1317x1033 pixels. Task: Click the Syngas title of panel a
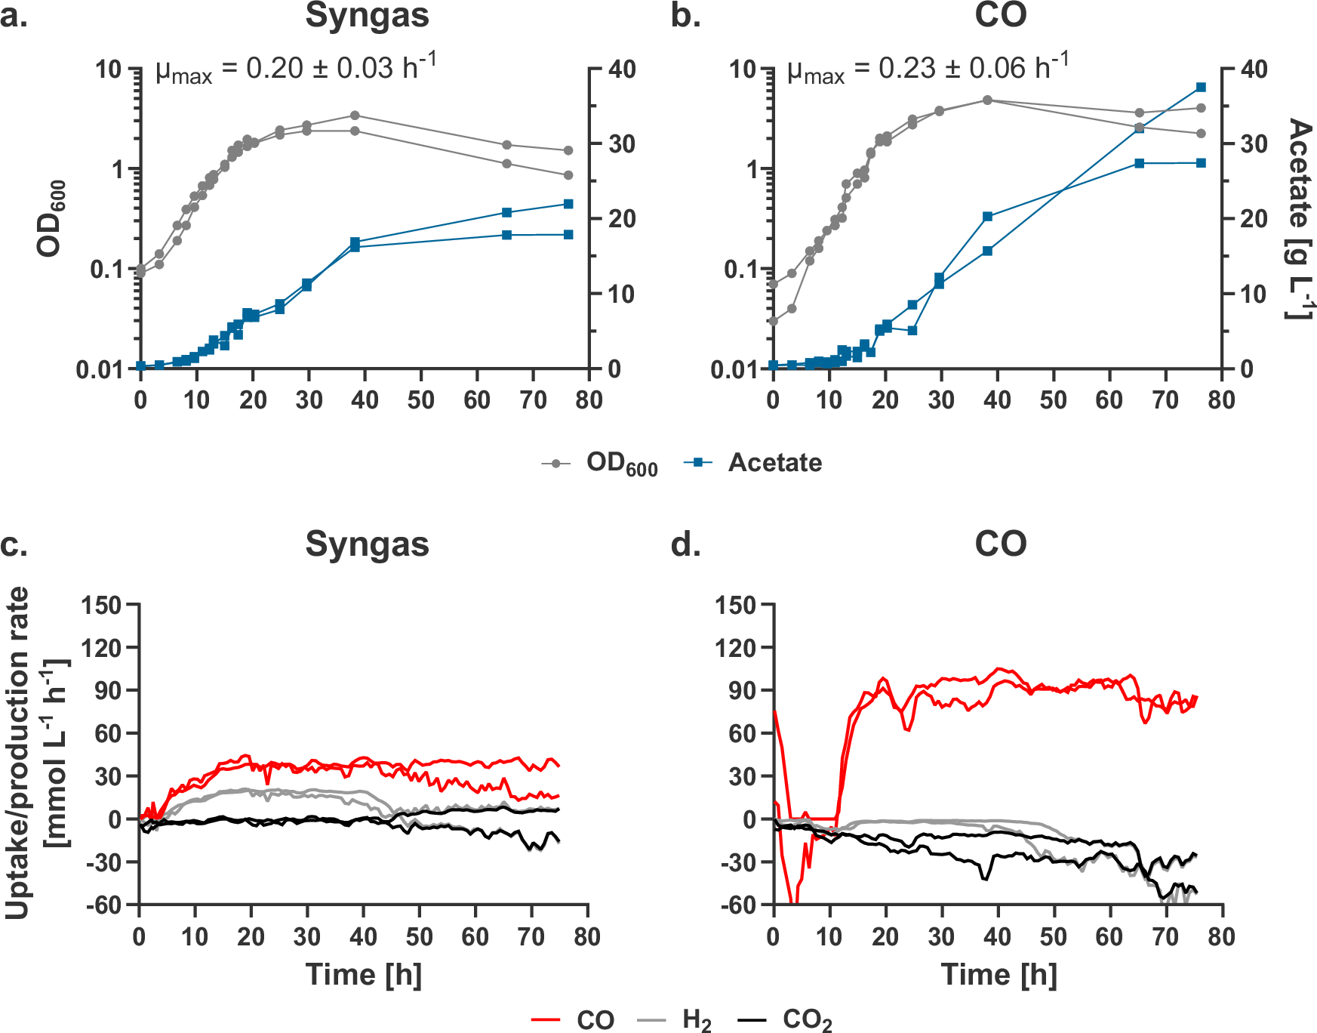coord(367,16)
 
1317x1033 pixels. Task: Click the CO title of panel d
coord(1000,544)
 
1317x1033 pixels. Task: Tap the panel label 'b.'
coord(685,16)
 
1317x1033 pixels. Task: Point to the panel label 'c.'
coord(14,544)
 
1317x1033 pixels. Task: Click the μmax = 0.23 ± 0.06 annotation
coord(928,69)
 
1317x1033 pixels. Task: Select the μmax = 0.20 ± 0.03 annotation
coord(295,69)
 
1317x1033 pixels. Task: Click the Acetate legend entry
coord(774,463)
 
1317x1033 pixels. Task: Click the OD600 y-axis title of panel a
coord(51,219)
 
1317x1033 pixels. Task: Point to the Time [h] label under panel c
coord(363,975)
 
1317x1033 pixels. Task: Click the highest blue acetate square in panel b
coord(1201,88)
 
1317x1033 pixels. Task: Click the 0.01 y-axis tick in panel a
coord(100,369)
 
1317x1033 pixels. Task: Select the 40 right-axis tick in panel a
coord(622,69)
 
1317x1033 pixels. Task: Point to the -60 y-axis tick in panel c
coord(103,905)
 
